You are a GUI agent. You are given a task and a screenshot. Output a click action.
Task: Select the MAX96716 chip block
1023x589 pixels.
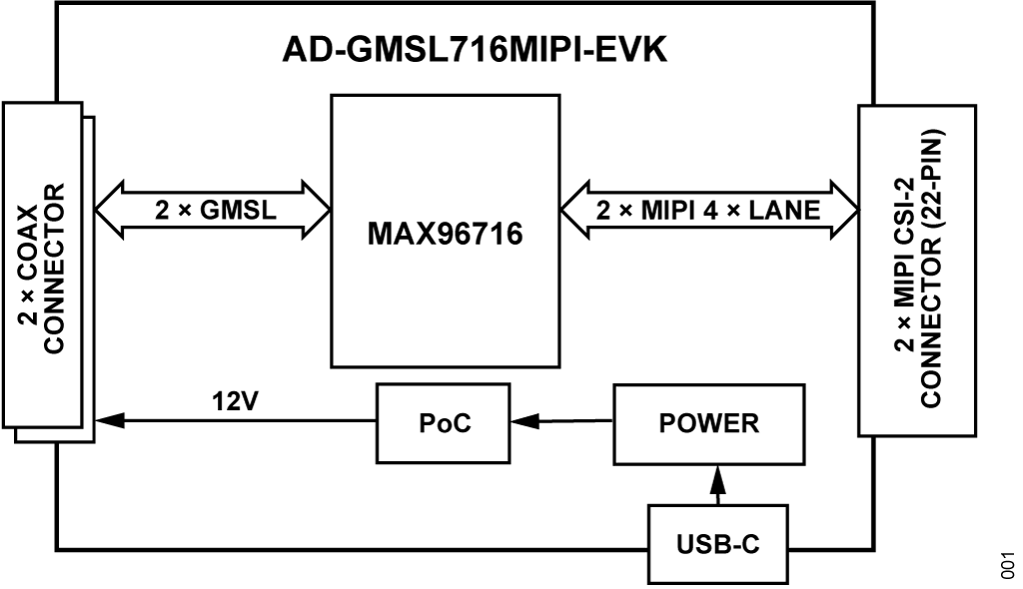445,232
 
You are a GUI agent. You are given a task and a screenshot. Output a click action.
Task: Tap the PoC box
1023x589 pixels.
444,422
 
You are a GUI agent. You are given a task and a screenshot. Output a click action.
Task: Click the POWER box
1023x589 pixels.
708,422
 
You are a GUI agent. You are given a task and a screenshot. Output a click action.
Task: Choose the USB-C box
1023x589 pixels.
716,544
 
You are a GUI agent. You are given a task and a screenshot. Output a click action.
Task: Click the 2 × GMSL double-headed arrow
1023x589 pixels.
212,211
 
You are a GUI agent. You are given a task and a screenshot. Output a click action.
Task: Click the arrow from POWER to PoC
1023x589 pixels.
559,421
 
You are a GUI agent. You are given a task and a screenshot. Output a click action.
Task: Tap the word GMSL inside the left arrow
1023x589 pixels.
239,211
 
